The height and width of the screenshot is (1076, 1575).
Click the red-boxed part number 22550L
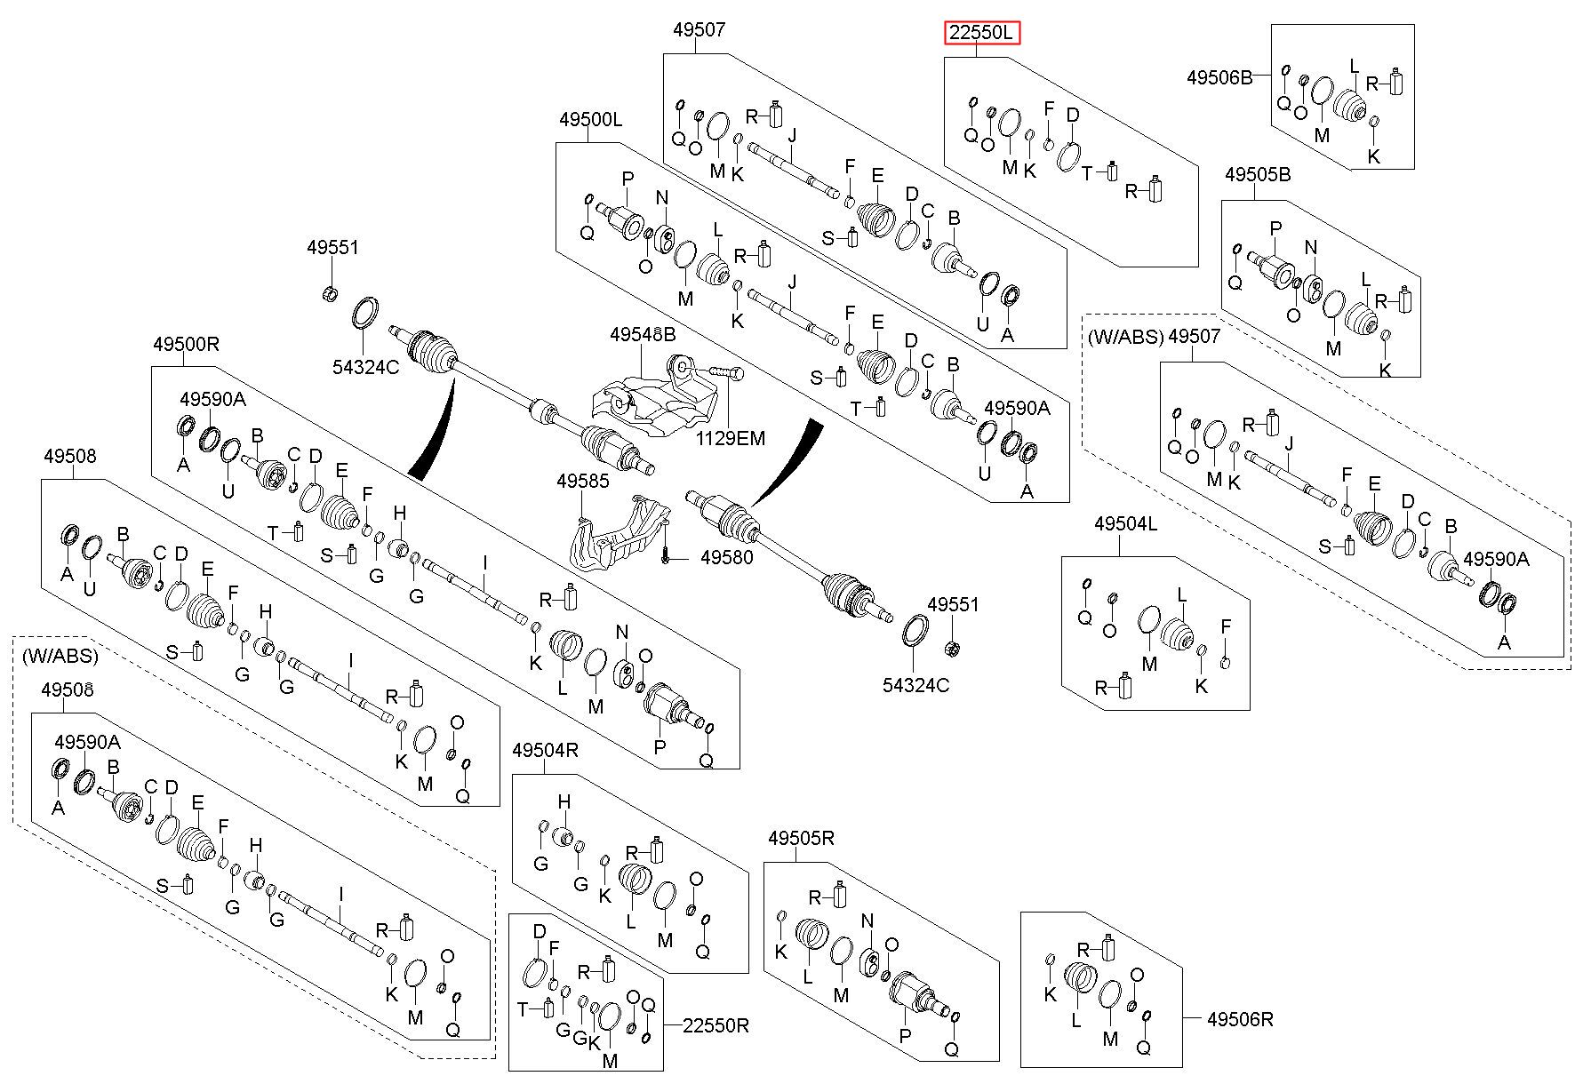point(981,34)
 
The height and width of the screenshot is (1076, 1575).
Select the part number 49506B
point(1219,77)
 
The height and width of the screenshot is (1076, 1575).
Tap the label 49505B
point(1258,175)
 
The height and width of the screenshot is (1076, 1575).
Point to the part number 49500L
point(591,119)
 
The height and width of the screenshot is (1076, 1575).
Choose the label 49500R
point(186,343)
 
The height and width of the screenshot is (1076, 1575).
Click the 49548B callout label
point(643,335)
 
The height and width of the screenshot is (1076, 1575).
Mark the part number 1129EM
point(730,438)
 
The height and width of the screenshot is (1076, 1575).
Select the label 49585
point(583,481)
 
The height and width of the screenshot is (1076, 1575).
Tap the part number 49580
point(726,558)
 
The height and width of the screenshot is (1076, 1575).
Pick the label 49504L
point(1126,524)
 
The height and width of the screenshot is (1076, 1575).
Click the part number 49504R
point(546,751)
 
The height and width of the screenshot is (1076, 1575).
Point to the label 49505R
point(802,838)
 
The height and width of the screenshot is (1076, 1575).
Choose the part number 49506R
point(1240,1020)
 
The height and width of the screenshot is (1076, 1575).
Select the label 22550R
point(716,1025)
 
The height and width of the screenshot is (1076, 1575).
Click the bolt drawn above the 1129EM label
point(725,371)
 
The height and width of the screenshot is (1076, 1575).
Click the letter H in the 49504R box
point(564,803)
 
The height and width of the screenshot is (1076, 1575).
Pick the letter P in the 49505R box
point(906,1035)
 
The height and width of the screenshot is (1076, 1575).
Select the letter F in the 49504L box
point(1227,627)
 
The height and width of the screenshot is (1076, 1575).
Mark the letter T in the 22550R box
point(524,1008)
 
